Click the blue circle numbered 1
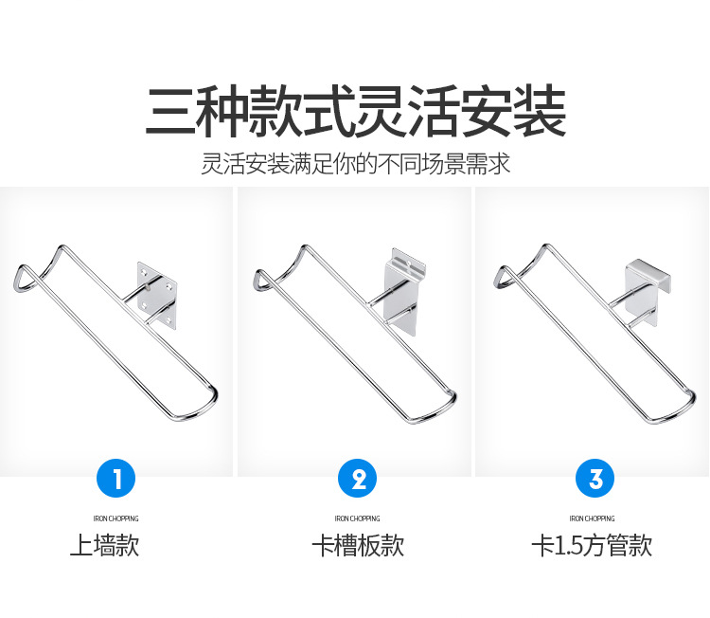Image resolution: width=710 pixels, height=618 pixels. tap(115, 478)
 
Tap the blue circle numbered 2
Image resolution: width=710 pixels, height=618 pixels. tap(357, 478)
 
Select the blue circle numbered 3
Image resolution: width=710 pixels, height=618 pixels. tap(595, 478)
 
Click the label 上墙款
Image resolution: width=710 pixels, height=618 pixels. tap(104, 545)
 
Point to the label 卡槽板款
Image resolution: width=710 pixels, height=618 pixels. tap(358, 545)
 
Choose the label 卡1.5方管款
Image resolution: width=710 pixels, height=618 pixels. tap(592, 545)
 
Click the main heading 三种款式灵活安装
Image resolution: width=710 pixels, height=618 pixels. tap(355, 111)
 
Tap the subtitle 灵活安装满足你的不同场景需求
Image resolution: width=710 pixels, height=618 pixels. tap(355, 164)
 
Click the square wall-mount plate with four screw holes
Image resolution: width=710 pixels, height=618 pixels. tap(156, 295)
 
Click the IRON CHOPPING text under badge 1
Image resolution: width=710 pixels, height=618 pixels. tap(115, 518)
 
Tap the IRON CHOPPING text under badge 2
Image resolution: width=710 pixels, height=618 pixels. tap(357, 518)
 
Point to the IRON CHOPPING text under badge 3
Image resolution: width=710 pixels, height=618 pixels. tap(592, 518)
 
